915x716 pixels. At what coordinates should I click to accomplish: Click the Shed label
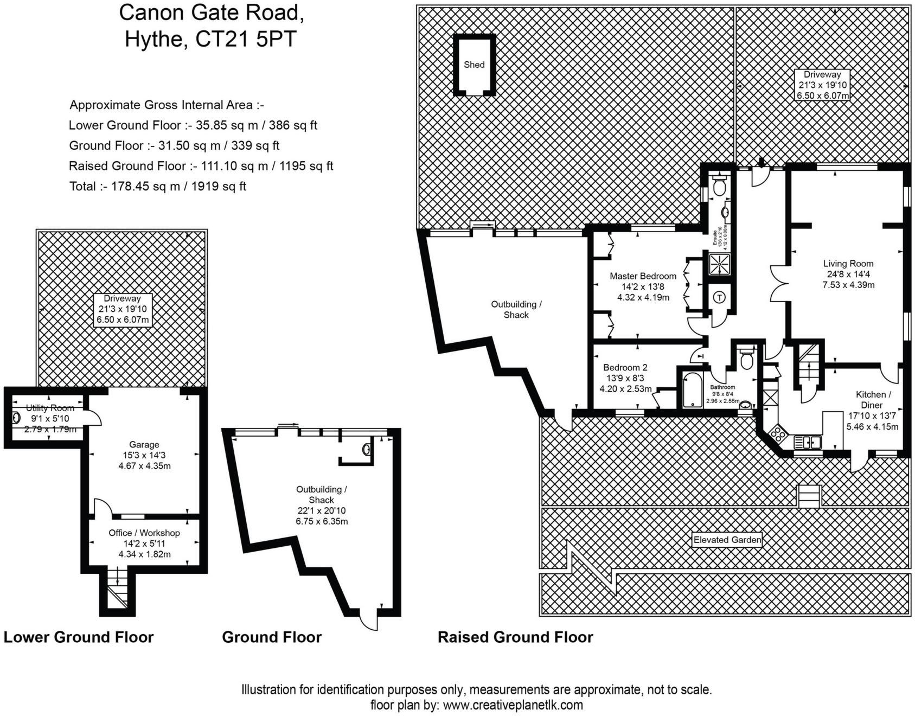point(474,65)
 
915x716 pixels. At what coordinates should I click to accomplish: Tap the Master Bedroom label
point(643,276)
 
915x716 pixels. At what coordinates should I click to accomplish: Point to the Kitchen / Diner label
point(872,400)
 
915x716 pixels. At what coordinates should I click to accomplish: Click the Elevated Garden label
point(727,540)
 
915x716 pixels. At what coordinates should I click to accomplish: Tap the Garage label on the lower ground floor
point(144,444)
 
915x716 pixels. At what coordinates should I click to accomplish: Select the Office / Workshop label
point(144,533)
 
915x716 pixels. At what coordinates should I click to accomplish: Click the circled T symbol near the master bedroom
point(719,297)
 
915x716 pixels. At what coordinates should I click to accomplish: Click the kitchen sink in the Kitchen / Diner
point(808,442)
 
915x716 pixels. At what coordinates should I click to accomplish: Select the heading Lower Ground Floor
point(79,637)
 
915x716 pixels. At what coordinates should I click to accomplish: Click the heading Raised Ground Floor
point(515,637)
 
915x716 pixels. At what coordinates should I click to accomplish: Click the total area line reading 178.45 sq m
point(157,187)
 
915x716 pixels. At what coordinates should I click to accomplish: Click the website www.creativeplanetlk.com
point(513,705)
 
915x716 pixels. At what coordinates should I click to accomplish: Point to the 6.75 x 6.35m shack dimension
point(321,521)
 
